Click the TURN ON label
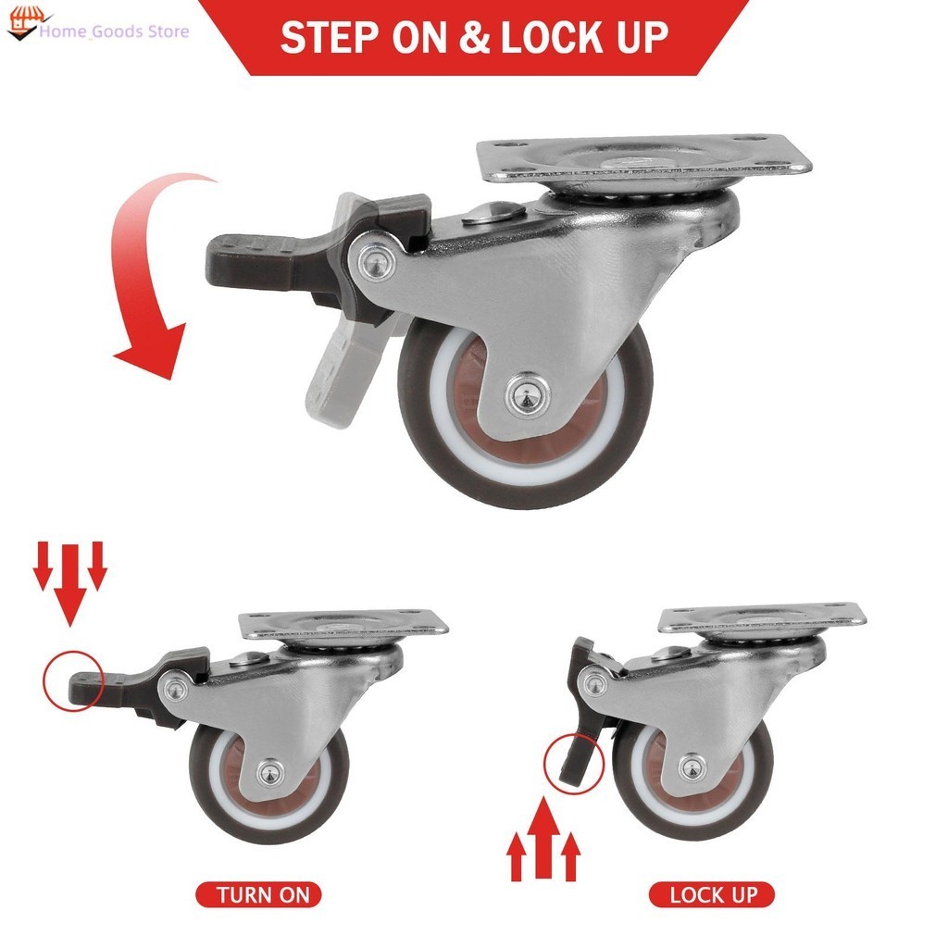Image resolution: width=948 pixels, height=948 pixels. pyautogui.click(x=258, y=895)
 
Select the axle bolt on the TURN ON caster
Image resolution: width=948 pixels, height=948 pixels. pyautogui.click(x=269, y=770)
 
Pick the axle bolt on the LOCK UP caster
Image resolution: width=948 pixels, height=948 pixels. pyautogui.click(x=690, y=767)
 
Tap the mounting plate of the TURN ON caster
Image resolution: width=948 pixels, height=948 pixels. pyautogui.click(x=342, y=625)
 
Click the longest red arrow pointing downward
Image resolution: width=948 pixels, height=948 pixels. pyautogui.click(x=70, y=583)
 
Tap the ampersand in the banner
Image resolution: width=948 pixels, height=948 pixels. pyautogui.click(x=475, y=37)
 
